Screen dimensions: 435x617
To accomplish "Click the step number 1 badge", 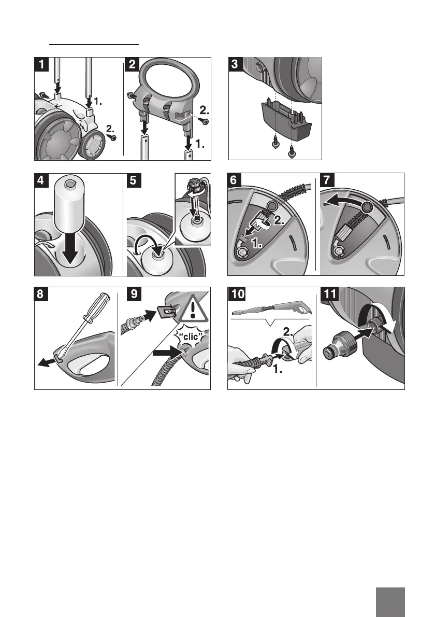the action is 41,64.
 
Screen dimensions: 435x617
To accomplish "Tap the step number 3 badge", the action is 235,64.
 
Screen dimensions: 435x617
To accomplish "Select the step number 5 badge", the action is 133,180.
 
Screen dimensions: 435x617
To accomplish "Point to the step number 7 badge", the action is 327,180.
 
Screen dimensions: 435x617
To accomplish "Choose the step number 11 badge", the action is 330,295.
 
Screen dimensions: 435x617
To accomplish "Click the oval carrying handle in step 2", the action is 172,79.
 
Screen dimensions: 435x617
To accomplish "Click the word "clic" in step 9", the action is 193,337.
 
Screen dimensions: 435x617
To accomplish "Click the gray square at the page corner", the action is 390,602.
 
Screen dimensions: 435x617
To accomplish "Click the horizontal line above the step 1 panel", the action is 94,45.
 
